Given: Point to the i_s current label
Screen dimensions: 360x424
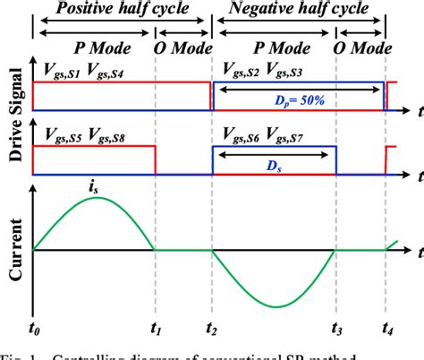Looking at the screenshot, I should pos(92,187).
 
